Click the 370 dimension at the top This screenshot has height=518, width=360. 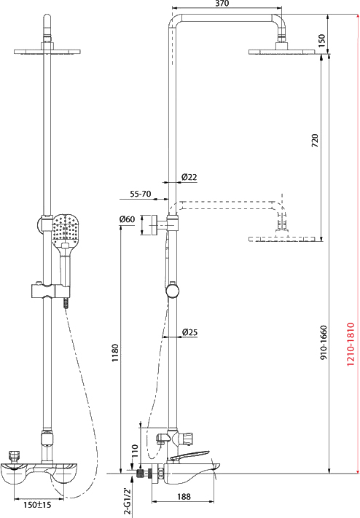point(222,4)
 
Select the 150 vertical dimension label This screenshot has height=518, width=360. point(321,39)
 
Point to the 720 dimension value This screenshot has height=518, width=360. point(315,141)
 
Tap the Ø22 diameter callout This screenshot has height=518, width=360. point(189,177)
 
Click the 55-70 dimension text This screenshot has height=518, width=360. point(140,194)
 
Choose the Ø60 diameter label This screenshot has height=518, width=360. point(127,219)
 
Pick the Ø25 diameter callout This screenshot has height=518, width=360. point(189,332)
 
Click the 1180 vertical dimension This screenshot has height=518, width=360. point(114,353)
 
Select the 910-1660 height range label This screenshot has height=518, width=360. point(324,342)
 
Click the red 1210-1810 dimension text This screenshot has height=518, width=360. point(350,344)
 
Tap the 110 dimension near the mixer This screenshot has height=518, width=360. point(134,450)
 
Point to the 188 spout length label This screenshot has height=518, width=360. point(184,497)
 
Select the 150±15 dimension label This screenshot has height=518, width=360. point(37,504)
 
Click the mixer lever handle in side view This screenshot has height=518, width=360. point(189,455)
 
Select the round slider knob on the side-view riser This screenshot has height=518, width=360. point(172,291)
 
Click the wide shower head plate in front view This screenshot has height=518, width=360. point(47,52)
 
